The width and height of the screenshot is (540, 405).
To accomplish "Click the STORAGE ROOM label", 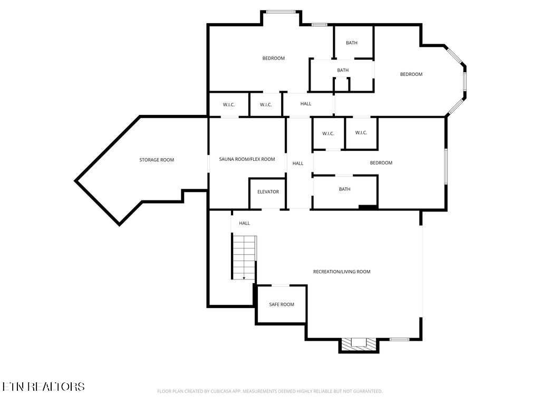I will [x=157, y=160].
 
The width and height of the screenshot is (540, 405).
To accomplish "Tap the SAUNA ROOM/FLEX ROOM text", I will [x=247, y=159].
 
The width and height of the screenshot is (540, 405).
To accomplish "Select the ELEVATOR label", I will [x=268, y=192].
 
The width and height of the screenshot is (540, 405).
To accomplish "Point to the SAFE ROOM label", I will [x=282, y=304].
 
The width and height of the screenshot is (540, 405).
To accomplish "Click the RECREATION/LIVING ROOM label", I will [x=342, y=272].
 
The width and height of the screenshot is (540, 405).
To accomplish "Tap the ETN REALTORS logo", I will [x=43, y=387].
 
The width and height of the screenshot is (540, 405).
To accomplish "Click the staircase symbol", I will [x=244, y=257].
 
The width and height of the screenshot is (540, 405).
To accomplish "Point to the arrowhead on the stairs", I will [x=244, y=277].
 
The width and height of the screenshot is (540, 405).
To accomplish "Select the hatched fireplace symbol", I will [x=359, y=344].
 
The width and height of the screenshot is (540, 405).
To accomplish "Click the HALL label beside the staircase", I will [x=244, y=223].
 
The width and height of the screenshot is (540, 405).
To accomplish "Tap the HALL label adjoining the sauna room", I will [x=298, y=163].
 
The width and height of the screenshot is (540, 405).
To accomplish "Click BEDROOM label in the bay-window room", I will [x=411, y=74].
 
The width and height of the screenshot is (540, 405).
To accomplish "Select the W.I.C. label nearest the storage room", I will [x=229, y=105].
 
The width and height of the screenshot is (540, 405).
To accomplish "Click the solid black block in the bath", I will [x=368, y=207].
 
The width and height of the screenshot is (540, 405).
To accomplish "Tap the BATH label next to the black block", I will [x=344, y=189].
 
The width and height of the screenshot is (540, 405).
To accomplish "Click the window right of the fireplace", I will [x=399, y=339].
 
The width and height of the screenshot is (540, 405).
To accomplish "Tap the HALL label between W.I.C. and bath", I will [x=306, y=104].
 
